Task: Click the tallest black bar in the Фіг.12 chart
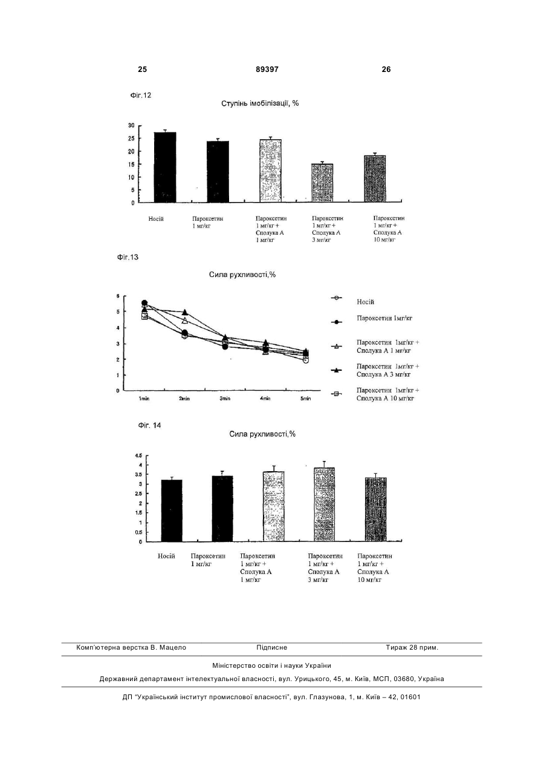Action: tap(165, 167)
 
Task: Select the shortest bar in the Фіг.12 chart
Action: tap(322, 183)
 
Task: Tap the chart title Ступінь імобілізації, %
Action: tap(260, 103)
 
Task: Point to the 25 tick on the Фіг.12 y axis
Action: tap(132, 138)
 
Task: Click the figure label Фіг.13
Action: tap(128, 257)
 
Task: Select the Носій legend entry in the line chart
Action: tap(353, 300)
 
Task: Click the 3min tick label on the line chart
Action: tap(225, 399)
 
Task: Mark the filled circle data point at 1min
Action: tap(144, 303)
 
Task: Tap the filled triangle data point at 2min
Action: tap(185, 313)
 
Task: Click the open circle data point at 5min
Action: tap(306, 361)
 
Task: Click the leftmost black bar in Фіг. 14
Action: tap(172, 511)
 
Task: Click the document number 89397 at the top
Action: tap(267, 70)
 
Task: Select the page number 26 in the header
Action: tap(386, 70)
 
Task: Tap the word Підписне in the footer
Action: tap(271, 648)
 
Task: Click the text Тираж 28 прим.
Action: tap(412, 648)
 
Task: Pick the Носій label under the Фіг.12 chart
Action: tap(156, 219)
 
